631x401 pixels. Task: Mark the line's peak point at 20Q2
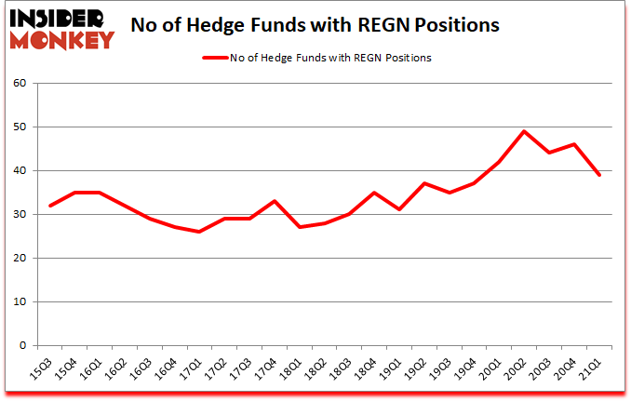[x=524, y=131]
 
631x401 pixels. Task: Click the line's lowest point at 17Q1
[x=198, y=232]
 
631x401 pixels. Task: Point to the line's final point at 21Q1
[x=599, y=175]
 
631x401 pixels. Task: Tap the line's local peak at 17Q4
[x=274, y=201]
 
